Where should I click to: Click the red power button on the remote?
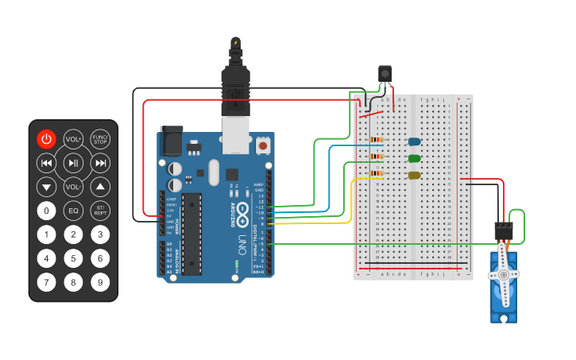click(x=47, y=139)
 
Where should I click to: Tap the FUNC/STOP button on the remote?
click(x=100, y=139)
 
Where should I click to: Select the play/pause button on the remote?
click(x=73, y=164)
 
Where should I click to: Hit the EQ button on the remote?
click(x=73, y=211)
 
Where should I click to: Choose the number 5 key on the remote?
click(x=73, y=258)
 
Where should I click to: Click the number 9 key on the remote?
click(x=99, y=281)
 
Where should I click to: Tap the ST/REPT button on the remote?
click(x=100, y=211)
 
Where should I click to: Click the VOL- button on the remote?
click(x=73, y=188)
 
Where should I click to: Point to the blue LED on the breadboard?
click(x=414, y=141)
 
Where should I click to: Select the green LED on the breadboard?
click(x=414, y=158)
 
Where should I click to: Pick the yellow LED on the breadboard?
click(x=414, y=175)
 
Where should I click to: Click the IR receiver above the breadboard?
click(x=385, y=74)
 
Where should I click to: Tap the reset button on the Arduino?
click(x=262, y=145)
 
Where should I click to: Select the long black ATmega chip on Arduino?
click(x=191, y=234)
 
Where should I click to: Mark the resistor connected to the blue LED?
click(x=376, y=141)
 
